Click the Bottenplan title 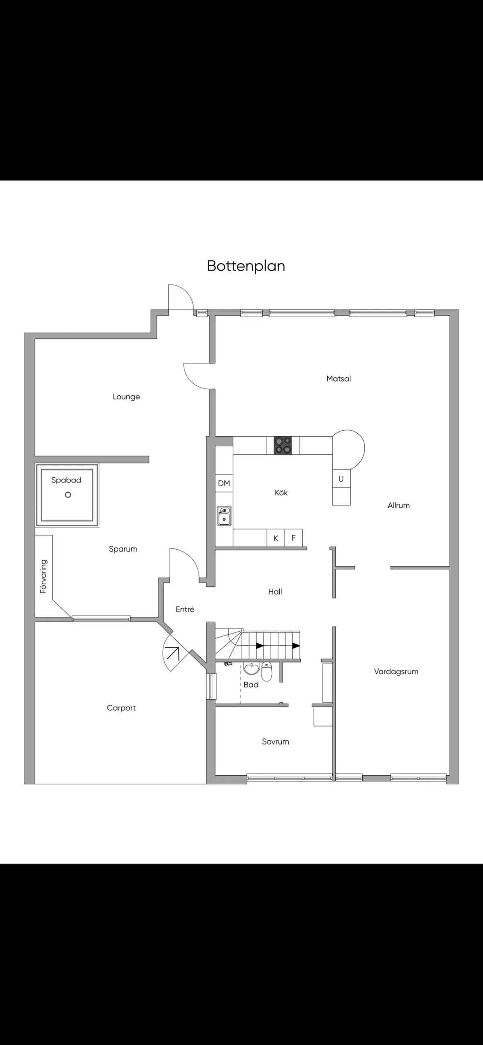pos(246,266)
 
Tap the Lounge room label pos(126,397)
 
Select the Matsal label pos(339,378)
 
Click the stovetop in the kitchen pos(283,445)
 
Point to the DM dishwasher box pos(224,483)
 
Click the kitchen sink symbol pos(224,516)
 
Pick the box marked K pos(276,538)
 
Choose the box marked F pos(293,538)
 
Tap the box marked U pos(341,479)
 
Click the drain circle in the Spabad pos(68,494)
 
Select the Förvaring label pos(43,576)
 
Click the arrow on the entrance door pos(173,653)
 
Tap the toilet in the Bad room pos(266,671)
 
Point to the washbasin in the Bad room pos(252,669)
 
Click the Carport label pos(121,708)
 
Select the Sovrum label pos(275,741)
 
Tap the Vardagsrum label pos(396,671)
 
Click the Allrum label pos(398,505)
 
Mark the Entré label pos(185,609)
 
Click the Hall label pos(275,591)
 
